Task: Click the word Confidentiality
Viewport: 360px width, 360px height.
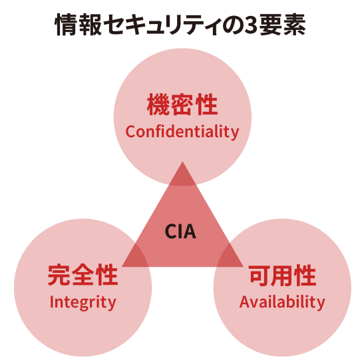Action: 182,132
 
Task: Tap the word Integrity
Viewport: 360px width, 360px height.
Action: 83,303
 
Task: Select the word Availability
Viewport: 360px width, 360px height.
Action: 282,302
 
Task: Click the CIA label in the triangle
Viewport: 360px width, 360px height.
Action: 180,232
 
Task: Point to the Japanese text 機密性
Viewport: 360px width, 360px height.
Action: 182,104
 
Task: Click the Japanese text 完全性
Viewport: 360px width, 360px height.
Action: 83,275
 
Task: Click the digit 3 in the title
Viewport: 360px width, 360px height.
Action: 251,25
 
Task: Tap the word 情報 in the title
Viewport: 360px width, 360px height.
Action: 78,25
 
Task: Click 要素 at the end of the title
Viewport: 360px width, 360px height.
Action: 283,25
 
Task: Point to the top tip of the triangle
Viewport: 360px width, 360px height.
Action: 182,162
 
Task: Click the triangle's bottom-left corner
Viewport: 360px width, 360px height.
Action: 122,267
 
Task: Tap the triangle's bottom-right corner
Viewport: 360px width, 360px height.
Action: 243,267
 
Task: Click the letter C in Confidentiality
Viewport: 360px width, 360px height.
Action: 130,132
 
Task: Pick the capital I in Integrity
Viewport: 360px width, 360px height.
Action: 51,301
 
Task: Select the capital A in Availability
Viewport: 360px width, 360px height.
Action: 245,301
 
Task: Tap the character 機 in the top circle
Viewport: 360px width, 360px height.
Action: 158,104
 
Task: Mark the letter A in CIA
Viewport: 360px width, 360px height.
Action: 190,232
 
